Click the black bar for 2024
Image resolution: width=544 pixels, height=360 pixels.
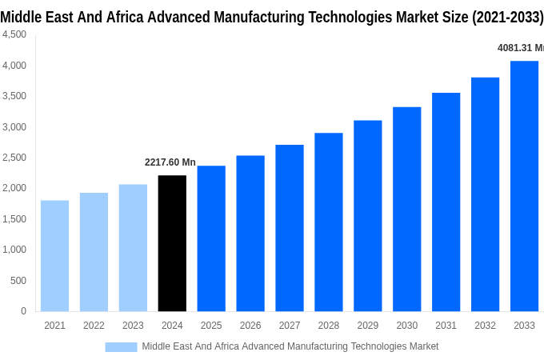[172, 243]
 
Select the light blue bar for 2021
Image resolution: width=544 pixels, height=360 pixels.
[54, 256]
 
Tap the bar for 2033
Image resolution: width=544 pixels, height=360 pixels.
[524, 186]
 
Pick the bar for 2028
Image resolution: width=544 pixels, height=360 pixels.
[328, 222]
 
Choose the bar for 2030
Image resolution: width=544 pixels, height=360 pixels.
[406, 209]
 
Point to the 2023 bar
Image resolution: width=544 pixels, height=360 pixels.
[133, 248]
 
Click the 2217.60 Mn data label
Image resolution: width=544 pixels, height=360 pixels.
[170, 162]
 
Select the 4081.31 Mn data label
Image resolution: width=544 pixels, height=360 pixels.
[520, 48]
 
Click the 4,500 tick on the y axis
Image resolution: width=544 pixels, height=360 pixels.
[14, 34]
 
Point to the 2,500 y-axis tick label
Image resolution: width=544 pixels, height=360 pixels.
[14, 158]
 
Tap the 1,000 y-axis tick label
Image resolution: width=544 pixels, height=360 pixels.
[14, 250]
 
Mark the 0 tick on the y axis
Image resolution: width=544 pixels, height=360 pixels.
[23, 311]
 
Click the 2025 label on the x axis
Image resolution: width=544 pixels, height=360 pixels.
[211, 326]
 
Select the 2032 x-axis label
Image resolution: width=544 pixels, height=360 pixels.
[485, 326]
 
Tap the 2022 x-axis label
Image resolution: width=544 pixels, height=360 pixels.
[94, 326]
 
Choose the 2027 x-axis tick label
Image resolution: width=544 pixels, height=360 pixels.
[290, 326]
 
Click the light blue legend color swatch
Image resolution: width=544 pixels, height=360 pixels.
[121, 346]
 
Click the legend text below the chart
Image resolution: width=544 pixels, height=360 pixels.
[290, 346]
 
